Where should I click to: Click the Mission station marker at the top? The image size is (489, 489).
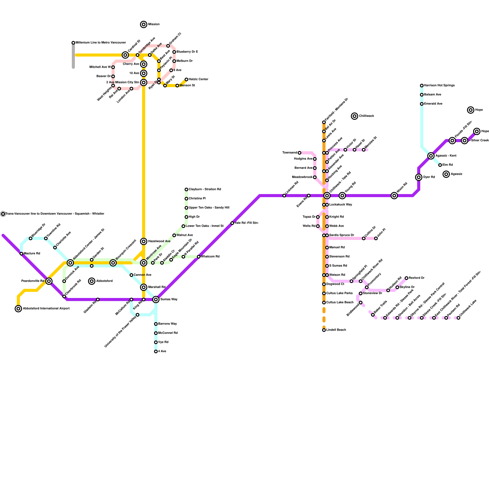click(x=144, y=24)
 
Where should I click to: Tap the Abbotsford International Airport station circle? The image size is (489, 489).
click(x=18, y=309)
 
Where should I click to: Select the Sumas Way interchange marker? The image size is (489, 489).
click(x=156, y=300)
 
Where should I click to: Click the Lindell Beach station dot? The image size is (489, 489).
click(x=324, y=330)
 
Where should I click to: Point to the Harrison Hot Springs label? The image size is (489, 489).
click(x=439, y=86)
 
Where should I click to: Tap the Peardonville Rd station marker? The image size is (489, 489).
click(x=49, y=281)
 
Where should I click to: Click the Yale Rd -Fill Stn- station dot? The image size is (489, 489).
click(x=232, y=223)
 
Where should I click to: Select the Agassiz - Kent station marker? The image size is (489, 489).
click(x=431, y=156)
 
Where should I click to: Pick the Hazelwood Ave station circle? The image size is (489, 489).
click(x=144, y=241)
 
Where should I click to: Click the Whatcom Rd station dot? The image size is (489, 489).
click(x=199, y=257)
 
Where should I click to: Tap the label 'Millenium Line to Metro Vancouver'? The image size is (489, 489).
click(x=101, y=43)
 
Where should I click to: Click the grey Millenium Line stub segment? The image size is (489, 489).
click(x=73, y=57)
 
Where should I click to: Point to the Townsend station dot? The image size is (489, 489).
click(x=300, y=153)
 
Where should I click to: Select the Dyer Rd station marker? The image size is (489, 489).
click(x=419, y=177)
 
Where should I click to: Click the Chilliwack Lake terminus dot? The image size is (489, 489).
click(x=458, y=318)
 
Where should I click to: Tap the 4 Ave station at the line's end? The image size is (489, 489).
click(x=156, y=351)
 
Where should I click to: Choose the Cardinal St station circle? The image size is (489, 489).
click(x=125, y=55)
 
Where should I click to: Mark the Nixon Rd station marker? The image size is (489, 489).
click(x=394, y=196)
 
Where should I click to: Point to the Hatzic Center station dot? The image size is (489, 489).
click(x=186, y=79)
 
